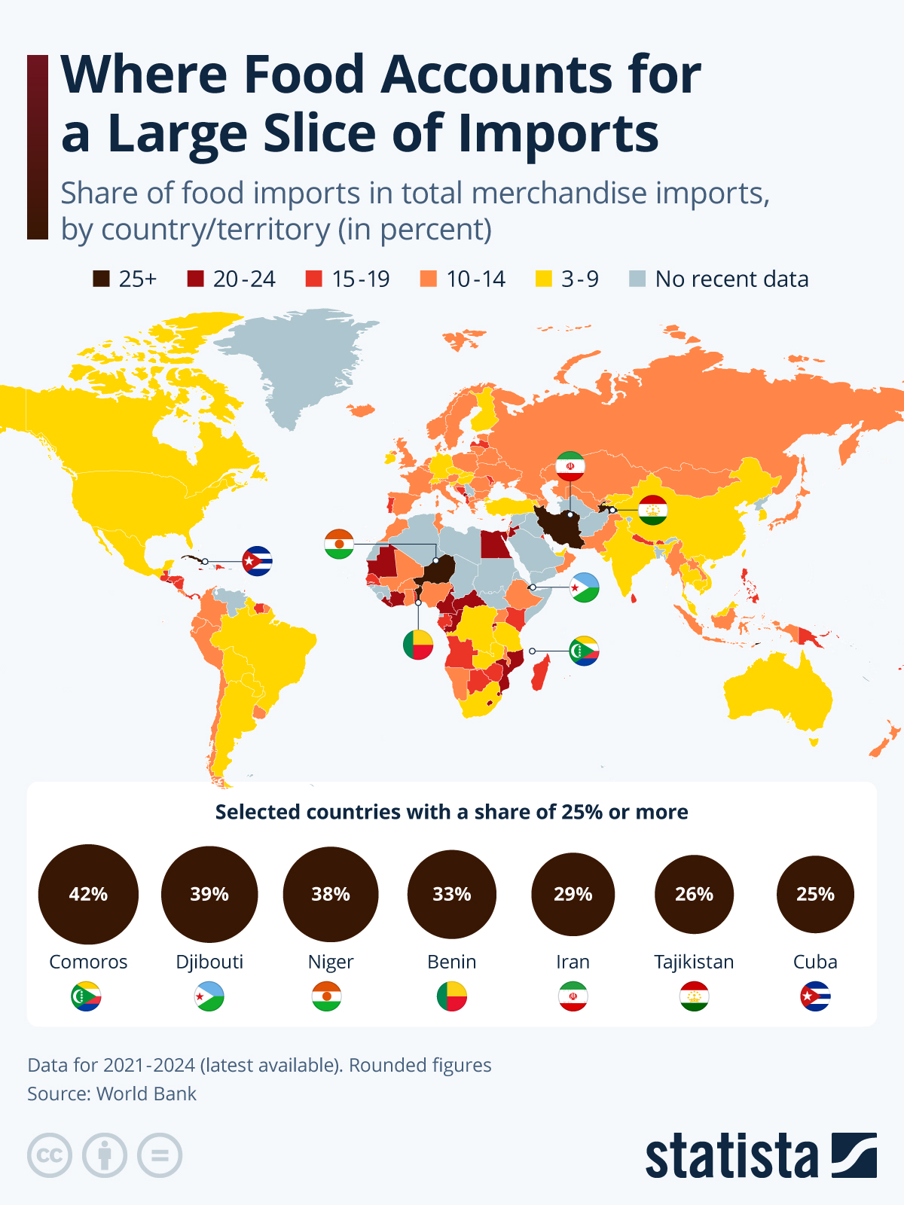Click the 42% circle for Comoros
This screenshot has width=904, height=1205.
point(88,894)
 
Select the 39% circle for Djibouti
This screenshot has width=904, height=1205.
point(209,894)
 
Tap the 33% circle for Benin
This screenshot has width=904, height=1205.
point(452,894)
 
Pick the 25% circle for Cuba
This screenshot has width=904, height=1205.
point(815,894)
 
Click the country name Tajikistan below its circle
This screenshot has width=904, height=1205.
point(694,962)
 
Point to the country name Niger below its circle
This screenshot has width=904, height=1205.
point(331,962)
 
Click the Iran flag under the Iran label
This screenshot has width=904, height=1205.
point(573,996)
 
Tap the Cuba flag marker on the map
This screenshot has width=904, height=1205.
point(257,561)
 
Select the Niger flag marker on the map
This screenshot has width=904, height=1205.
point(339,544)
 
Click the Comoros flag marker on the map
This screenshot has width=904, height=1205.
point(584,651)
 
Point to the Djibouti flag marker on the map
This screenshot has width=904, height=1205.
point(584,587)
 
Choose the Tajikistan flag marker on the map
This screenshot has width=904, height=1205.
point(653,510)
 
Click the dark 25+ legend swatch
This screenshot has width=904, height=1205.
point(101,279)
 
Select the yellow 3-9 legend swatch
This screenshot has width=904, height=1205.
point(543,279)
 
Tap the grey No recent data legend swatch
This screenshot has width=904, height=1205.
point(637,279)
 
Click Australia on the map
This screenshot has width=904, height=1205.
point(776,693)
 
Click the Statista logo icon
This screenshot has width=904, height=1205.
point(854,1155)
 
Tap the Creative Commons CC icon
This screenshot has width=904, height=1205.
point(50,1155)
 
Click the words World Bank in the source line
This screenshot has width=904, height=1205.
point(146,1094)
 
